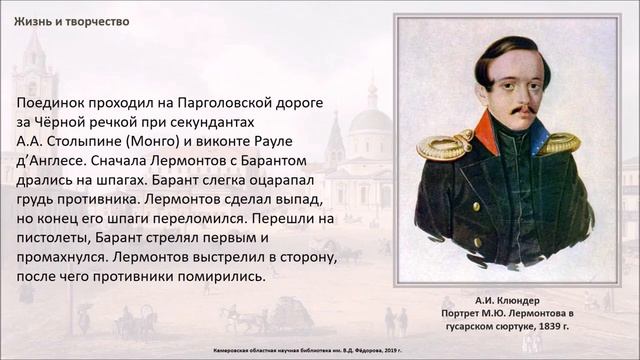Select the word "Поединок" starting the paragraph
click(53, 103)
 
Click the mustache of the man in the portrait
click(510, 105)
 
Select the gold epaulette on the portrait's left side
click(443, 147)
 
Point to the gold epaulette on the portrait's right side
click(559, 142)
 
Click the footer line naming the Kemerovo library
click(319, 351)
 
